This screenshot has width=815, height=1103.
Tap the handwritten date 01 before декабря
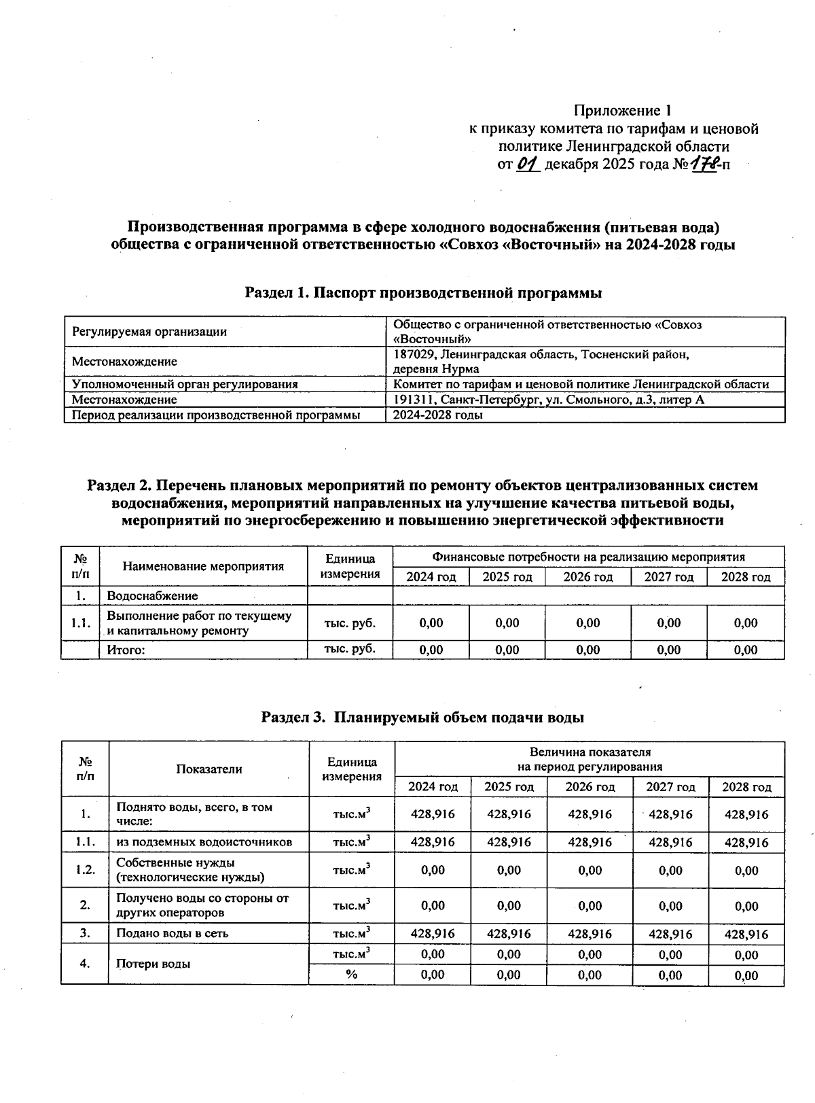(528, 164)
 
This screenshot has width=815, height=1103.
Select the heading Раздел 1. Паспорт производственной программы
(423, 293)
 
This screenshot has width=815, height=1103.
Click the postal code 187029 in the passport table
(414, 355)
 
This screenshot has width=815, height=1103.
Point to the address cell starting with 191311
(548, 400)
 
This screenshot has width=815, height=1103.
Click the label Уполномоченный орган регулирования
(185, 384)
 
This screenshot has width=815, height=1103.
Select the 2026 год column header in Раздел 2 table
(587, 577)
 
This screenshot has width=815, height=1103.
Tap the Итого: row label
(126, 650)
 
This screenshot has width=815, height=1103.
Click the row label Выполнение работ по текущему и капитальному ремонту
(199, 623)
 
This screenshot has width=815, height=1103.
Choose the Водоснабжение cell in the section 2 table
(153, 596)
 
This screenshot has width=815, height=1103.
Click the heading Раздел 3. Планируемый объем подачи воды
(423, 717)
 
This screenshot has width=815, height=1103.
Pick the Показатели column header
(209, 769)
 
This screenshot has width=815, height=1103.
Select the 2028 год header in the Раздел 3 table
(746, 787)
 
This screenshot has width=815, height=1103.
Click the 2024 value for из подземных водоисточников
(433, 842)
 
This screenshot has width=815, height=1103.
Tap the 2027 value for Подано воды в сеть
(670, 934)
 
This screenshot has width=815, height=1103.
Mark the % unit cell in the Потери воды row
(351, 975)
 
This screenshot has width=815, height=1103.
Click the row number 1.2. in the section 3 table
(85, 870)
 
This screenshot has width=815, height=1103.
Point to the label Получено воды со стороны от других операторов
(202, 905)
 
